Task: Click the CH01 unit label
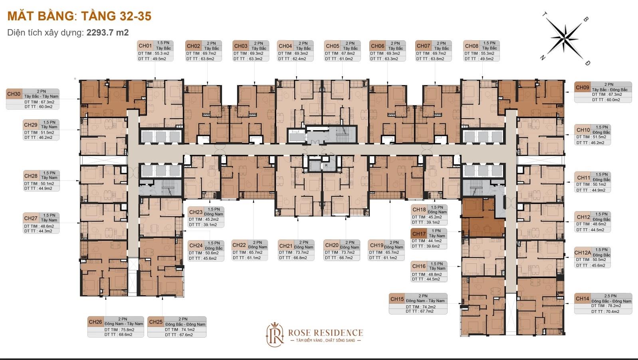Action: point(145,46)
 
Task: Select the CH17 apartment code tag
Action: point(419,234)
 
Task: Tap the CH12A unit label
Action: point(583,253)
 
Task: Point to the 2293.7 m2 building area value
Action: point(108,32)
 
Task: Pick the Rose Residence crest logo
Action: point(275,334)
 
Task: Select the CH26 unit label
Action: point(95,322)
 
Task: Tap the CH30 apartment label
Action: point(14,94)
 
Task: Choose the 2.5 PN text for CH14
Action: point(610,296)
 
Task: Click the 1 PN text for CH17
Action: point(436,231)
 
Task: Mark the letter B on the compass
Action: point(586,20)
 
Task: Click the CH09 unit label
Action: point(582,87)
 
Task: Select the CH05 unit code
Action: point(333,46)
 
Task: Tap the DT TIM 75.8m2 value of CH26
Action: point(119,330)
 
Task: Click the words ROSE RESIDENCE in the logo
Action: point(325,332)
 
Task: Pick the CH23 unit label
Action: point(196,212)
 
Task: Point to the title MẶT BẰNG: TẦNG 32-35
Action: point(79,16)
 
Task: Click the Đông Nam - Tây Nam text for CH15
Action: point(425,301)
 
